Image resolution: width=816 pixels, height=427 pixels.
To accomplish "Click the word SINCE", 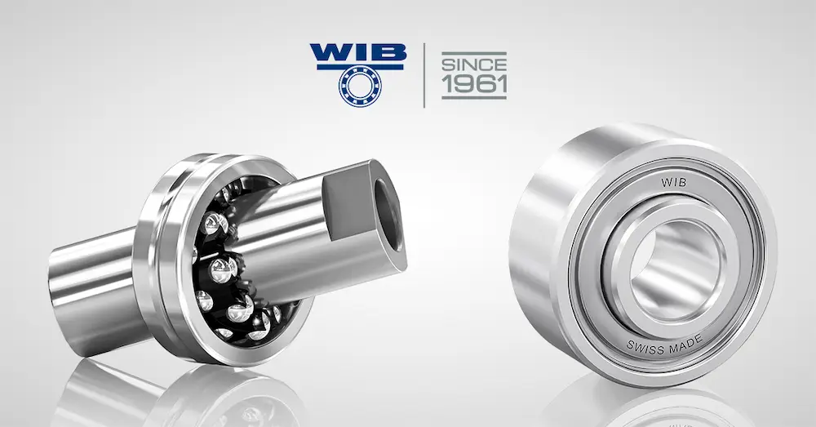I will [473, 63].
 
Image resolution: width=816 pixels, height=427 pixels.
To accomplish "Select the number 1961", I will [474, 84].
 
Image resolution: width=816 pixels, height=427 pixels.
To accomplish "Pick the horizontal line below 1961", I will [474, 98].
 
